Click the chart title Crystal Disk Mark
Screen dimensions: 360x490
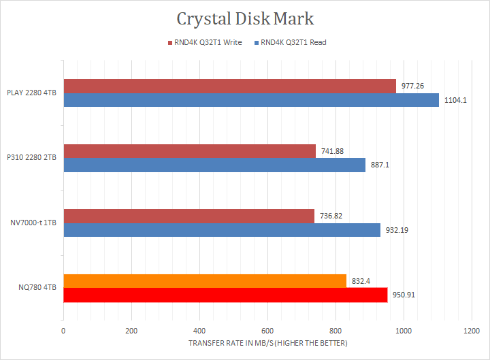245,18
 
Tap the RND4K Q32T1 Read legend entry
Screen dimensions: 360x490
290,42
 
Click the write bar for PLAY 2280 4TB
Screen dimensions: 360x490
229,86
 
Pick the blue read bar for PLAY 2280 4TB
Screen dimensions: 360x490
251,100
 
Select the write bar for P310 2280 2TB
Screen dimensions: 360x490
189,151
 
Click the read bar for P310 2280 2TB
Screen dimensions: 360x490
214,165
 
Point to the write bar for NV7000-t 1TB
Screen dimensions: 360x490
189,216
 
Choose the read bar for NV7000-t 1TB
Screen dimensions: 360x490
222,230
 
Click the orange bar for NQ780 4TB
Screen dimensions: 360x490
205,280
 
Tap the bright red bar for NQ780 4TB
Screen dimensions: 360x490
225,295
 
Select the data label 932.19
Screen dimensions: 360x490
398,230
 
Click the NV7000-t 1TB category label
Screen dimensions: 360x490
33,223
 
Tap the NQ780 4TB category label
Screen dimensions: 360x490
38,288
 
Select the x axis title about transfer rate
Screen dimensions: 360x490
267,343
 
